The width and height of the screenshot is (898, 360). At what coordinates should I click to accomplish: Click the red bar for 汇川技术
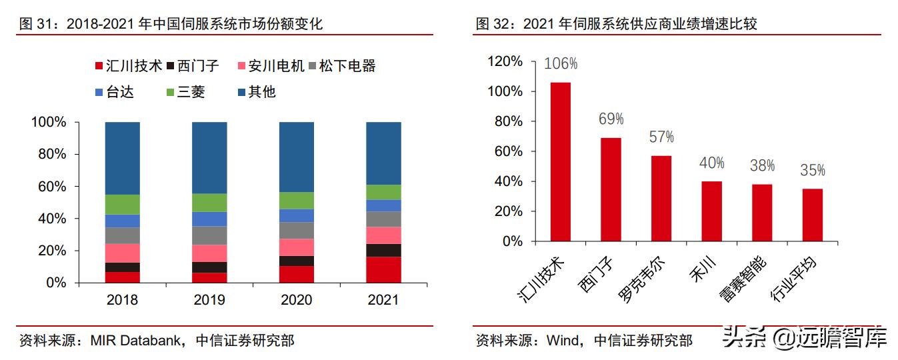pos(560,161)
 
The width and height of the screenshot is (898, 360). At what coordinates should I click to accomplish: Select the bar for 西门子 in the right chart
pos(611,189)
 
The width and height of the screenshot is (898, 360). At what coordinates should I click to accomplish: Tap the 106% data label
pos(561,64)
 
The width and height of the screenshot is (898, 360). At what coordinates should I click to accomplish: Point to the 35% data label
pos(812,171)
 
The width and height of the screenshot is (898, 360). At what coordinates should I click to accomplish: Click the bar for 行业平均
pos(812,215)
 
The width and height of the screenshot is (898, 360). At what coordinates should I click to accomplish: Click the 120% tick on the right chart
pos(505,61)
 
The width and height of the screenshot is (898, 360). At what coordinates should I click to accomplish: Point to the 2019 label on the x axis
pos(209,300)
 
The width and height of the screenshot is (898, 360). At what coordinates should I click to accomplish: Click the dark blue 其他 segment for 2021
pos(383,153)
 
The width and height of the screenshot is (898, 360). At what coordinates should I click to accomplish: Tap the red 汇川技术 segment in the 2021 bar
pos(383,270)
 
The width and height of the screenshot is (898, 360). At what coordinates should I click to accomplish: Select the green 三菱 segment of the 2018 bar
pos(122,204)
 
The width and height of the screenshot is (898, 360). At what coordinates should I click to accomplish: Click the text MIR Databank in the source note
pos(135,341)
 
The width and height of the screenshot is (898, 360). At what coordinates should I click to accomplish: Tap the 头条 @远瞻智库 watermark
pos(805,338)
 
